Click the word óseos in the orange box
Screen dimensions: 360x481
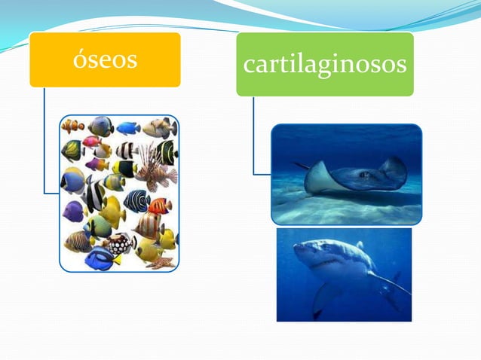point(105,59)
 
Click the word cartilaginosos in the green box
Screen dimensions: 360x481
point(325,65)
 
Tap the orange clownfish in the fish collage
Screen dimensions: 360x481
point(73,126)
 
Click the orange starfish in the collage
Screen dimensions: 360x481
point(161,262)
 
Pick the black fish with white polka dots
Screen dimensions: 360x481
point(120,243)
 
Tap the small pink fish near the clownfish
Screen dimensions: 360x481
point(91,142)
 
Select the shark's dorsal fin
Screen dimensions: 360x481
point(360,245)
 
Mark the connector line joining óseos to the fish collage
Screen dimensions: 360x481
point(44,143)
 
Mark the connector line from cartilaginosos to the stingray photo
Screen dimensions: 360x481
point(254,136)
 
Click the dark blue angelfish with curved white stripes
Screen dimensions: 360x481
point(136,200)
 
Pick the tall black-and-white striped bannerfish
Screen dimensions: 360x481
point(95,196)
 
